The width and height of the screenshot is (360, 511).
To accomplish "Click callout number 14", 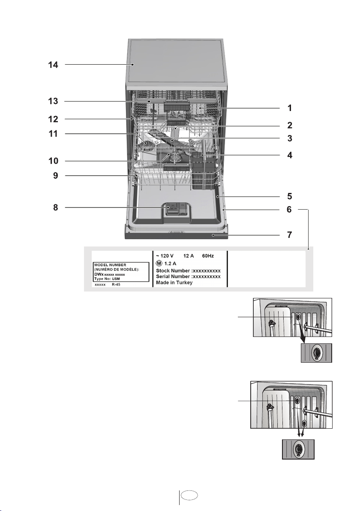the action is coord(53,65).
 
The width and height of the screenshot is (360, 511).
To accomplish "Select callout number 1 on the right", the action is coord(289,108).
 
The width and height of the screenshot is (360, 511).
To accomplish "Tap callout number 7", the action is coord(289,234).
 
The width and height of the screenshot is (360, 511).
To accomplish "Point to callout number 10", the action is coord(53,161).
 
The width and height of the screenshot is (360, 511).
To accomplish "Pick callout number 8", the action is coord(56,207).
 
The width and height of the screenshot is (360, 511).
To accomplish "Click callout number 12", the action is coord(53,119).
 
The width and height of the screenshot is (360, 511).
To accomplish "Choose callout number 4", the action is coord(289,155).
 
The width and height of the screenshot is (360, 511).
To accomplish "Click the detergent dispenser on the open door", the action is coord(176,210).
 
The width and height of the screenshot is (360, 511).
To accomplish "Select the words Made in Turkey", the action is coord(174,283).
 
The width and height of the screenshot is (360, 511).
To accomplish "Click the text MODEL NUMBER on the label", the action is coord(110,265).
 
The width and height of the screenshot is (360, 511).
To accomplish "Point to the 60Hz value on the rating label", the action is coord(208,256).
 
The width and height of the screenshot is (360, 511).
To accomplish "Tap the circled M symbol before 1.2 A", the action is coord(159,263).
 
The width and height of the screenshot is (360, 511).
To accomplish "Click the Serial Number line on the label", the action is coord(188,277).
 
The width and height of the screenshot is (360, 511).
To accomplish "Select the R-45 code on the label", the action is coord(116,285).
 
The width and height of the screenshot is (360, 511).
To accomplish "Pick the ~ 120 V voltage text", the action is coord(165,256).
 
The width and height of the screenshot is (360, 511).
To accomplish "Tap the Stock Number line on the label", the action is coord(188,271).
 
